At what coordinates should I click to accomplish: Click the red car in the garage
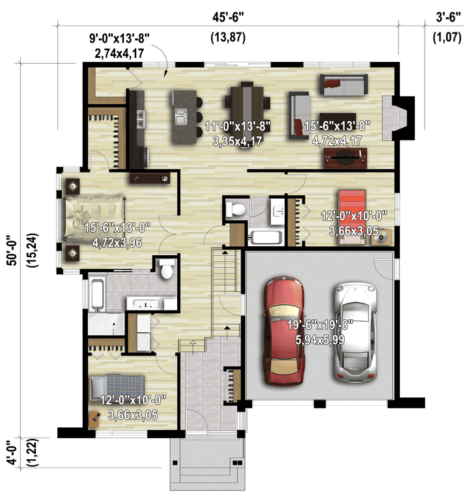click(284, 331)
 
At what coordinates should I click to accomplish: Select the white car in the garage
click(356, 331)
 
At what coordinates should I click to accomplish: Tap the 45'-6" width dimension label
click(228, 17)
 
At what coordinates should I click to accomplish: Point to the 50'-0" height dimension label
click(12, 250)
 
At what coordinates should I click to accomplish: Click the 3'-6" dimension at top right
click(448, 17)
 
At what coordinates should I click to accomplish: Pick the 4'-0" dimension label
click(12, 452)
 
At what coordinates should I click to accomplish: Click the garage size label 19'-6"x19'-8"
click(320, 325)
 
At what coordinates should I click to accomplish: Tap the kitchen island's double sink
click(181, 116)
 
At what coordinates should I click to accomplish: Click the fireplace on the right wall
click(399, 118)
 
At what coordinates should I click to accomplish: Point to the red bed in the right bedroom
click(352, 217)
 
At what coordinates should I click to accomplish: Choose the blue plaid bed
click(117, 388)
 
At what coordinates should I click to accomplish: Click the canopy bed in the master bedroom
click(94, 217)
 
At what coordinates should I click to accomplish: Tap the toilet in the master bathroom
click(166, 269)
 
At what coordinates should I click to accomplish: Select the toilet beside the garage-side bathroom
click(236, 208)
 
